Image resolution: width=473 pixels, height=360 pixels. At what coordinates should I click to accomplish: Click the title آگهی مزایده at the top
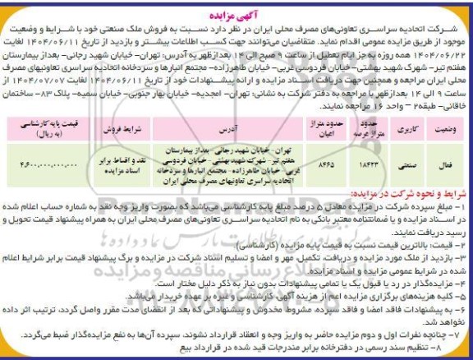click(x=237, y=7)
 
